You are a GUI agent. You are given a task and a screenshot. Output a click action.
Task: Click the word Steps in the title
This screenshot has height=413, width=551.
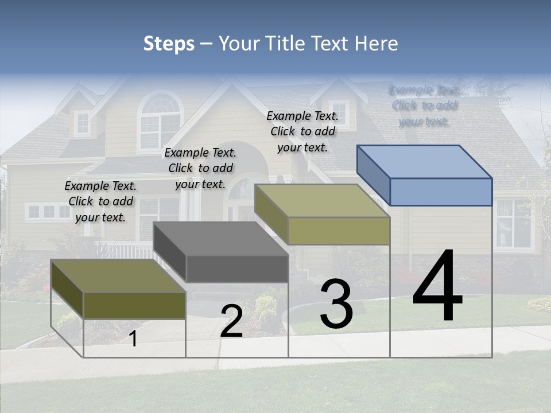(169, 44)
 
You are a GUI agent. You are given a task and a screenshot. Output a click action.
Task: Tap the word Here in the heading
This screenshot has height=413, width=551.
(376, 44)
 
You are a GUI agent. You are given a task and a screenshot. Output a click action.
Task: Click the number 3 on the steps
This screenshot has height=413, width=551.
(336, 304)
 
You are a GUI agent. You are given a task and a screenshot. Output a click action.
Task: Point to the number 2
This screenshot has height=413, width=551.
(231, 321)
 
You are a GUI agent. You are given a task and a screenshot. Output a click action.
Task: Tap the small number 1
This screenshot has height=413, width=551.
(133, 338)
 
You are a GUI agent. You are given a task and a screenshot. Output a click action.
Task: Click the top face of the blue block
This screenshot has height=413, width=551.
(425, 161)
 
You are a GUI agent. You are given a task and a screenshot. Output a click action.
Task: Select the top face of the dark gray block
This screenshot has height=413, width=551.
(221, 239)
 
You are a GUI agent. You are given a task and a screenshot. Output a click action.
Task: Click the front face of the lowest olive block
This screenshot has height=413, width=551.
(134, 305)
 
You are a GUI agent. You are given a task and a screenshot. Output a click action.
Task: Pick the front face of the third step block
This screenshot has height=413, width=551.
(339, 231)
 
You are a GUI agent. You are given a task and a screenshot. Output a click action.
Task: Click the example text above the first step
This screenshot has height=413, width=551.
(100, 201)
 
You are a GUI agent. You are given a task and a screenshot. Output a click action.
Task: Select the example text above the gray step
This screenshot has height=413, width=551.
(200, 168)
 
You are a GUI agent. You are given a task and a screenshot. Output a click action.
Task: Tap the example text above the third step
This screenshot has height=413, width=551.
(302, 131)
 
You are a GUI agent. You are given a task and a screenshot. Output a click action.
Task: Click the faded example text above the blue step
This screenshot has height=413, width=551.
(424, 106)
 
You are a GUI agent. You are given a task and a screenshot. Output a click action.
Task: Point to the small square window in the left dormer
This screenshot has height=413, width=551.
(83, 123)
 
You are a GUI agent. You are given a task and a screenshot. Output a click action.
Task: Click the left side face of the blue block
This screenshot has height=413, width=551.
(373, 175)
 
